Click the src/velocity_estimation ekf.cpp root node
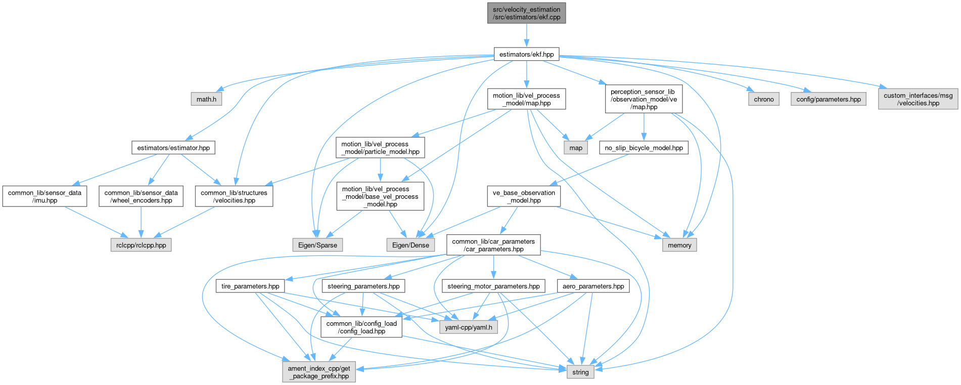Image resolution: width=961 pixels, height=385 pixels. pyautogui.click(x=526, y=13)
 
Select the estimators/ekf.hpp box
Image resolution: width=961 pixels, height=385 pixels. pyautogui.click(x=526, y=54)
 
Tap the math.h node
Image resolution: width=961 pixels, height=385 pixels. pyautogui.click(x=206, y=99)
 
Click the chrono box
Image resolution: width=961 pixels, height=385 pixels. pyautogui.click(x=763, y=99)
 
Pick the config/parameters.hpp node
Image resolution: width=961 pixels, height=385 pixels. pyautogui.click(x=828, y=99)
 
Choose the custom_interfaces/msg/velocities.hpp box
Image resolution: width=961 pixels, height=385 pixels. pyautogui.click(x=918, y=99)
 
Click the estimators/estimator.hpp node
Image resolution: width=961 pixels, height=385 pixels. pyautogui.click(x=173, y=148)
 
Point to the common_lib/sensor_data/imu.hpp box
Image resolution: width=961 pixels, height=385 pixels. pyautogui.click(x=44, y=196)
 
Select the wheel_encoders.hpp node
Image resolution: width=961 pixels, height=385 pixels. pyautogui.click(x=141, y=196)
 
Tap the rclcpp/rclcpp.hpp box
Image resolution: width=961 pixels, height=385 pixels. pyautogui.click(x=141, y=245)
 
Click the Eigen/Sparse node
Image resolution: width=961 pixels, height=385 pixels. pyautogui.click(x=317, y=245)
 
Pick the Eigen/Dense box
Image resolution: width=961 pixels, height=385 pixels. pyautogui.click(x=410, y=245)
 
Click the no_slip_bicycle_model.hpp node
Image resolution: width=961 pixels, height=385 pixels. pyautogui.click(x=644, y=148)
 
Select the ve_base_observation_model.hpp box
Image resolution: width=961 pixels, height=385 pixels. pyautogui.click(x=524, y=196)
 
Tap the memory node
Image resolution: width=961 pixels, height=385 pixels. pyautogui.click(x=679, y=245)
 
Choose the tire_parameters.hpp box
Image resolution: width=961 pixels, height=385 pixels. pyautogui.click(x=250, y=286)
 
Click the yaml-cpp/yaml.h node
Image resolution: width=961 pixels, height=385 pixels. pyautogui.click(x=468, y=327)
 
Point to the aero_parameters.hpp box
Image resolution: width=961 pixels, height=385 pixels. pyautogui.click(x=593, y=286)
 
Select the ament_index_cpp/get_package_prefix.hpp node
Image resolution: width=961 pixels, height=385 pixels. pyautogui.click(x=319, y=372)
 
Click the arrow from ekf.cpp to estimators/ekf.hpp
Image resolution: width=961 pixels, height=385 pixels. pyautogui.click(x=526, y=35)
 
